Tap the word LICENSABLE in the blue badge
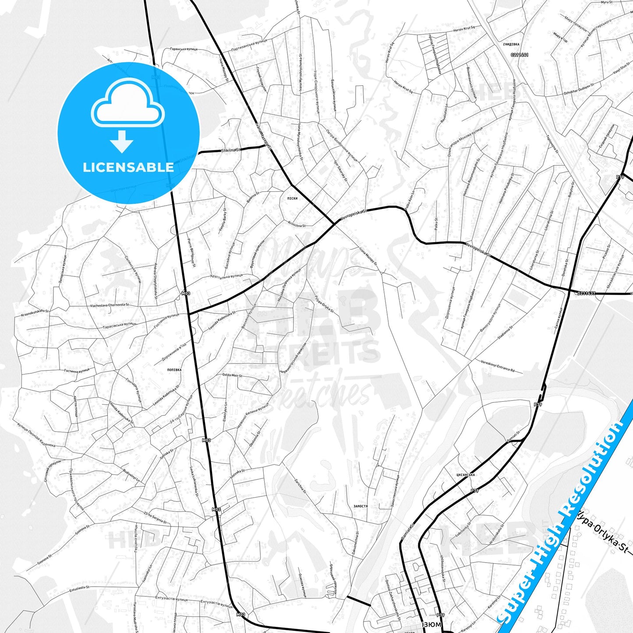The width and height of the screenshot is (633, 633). [128, 167]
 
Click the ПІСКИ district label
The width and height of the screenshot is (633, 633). [292, 198]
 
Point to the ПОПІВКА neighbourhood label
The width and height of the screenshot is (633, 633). [174, 370]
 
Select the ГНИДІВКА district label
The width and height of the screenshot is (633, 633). [511, 44]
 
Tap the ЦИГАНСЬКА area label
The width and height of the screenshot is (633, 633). [465, 475]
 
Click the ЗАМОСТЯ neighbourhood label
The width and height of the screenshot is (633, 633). [361, 506]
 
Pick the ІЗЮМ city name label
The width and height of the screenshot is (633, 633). [431, 624]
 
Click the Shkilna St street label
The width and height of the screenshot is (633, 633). [231, 150]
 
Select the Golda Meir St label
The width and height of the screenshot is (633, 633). [232, 375]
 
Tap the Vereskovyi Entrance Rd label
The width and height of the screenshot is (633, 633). [498, 366]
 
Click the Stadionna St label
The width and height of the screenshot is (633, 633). [505, 333]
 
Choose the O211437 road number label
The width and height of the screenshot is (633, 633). [586, 293]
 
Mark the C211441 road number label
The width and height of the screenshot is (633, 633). [520, 55]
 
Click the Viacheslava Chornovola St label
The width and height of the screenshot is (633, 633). [110, 305]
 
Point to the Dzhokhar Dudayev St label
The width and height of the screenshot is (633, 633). [579, 89]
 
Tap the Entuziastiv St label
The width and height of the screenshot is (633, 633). [79, 588]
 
